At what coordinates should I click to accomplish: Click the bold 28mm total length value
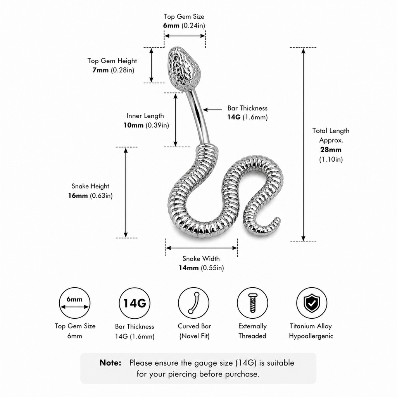(x=331, y=150)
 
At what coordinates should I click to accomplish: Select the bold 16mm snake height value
(x=78, y=196)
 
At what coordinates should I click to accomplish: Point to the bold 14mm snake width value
(x=189, y=268)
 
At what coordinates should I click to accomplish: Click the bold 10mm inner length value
(x=133, y=125)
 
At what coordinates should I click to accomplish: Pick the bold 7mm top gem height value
(x=100, y=70)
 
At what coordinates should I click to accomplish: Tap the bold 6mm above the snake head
(x=171, y=26)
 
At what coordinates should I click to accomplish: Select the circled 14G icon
(x=135, y=303)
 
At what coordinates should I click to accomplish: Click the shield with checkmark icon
(x=312, y=303)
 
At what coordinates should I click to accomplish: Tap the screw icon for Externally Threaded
(x=252, y=303)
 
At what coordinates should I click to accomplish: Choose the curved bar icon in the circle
(x=193, y=303)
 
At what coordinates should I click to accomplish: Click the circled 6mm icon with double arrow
(x=74, y=303)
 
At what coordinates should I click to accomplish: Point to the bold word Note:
(x=110, y=363)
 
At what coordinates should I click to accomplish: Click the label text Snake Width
(x=201, y=259)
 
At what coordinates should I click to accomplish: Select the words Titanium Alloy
(x=311, y=326)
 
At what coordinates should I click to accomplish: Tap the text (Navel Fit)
(x=195, y=336)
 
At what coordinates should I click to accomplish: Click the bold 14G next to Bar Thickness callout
(x=234, y=117)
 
